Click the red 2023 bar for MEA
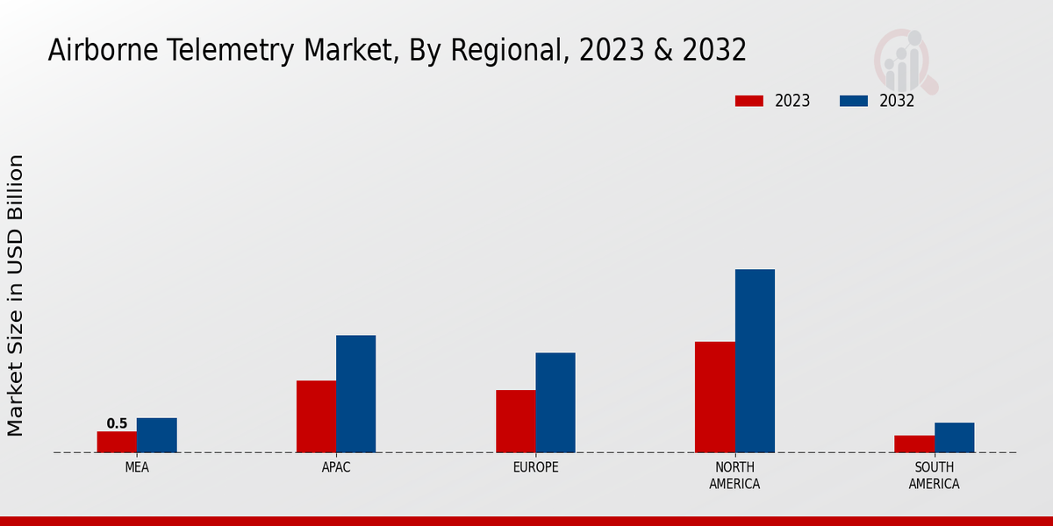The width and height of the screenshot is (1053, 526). [117, 442]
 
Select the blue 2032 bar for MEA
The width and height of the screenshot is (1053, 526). [156, 435]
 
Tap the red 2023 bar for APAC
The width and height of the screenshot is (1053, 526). [316, 416]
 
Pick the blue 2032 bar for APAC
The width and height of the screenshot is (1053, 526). [355, 394]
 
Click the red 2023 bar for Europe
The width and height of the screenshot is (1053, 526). [515, 421]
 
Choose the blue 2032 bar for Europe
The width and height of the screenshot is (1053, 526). [555, 402]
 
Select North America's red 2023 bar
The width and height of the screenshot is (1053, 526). [714, 396]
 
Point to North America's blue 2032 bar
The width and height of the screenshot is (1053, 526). [755, 360]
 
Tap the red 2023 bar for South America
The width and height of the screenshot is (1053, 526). [913, 444]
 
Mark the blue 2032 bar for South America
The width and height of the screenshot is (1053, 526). [954, 437]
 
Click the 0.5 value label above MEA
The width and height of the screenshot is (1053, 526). [117, 423]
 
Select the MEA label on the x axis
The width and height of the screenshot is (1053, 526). [137, 467]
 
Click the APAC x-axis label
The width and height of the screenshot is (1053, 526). [336, 467]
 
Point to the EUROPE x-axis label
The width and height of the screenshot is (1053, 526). [535, 467]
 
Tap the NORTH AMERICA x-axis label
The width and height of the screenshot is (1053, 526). [734, 475]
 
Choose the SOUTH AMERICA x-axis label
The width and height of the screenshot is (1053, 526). [934, 475]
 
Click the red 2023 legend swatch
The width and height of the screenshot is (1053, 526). [749, 101]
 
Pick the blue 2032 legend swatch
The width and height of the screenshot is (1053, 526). [853, 101]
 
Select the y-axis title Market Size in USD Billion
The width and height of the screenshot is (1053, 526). [16, 295]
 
